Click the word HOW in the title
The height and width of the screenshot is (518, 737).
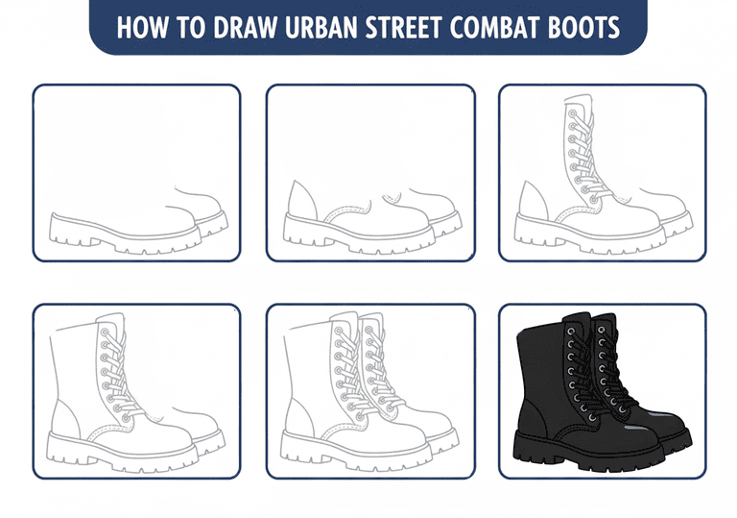pos(142,27)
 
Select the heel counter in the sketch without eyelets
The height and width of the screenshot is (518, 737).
pos(303,200)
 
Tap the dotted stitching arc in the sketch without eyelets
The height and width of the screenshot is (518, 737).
pos(346,211)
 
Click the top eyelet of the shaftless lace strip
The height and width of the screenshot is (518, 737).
pos(573,113)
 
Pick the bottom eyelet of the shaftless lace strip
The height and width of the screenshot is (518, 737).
pos(594,200)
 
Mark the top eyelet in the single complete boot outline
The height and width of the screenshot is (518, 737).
pos(104,332)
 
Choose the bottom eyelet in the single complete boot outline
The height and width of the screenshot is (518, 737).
pos(126,418)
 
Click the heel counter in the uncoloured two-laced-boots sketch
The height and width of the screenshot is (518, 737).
pos(299,416)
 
